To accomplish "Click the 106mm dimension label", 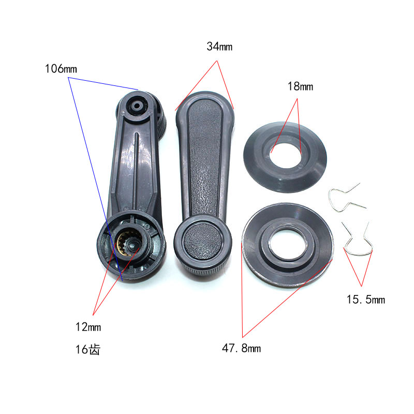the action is [61, 69].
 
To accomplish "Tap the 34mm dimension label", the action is [219, 47].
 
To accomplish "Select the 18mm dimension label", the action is [300, 86].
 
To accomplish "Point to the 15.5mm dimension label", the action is [366, 300].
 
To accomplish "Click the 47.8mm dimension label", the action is [241, 348].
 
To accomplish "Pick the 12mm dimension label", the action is [88, 327].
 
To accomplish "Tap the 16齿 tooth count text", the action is [88, 349].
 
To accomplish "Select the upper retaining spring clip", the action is [346, 198].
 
